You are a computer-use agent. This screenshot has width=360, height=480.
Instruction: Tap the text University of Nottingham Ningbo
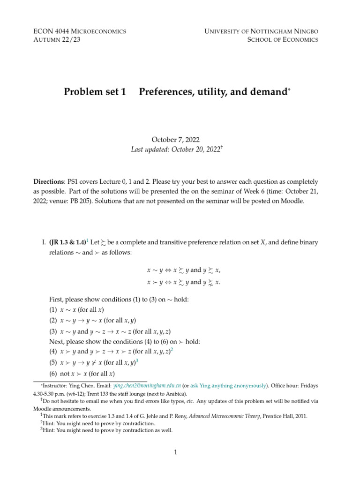(261, 31)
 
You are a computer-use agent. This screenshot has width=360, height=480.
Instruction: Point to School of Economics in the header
(283, 40)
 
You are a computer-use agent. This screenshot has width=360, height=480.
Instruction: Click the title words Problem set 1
(95, 92)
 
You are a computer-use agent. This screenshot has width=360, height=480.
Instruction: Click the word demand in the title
(269, 92)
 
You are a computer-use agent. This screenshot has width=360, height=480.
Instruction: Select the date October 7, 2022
(175, 140)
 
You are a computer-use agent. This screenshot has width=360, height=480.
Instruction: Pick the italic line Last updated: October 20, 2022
(176, 149)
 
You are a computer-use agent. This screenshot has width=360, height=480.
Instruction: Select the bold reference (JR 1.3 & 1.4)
(67, 242)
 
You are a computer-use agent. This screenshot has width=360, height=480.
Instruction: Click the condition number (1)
(53, 310)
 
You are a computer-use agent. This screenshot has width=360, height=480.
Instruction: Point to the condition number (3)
(53, 330)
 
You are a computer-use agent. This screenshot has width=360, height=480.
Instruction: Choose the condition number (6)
(53, 374)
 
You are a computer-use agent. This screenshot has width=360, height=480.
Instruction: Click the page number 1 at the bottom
(175, 452)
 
